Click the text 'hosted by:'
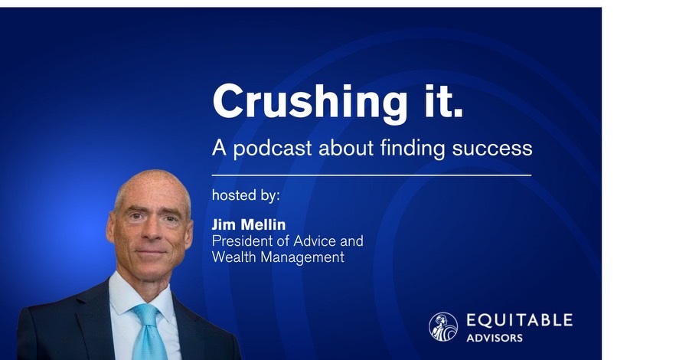[246, 195]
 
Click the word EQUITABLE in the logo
[518, 319]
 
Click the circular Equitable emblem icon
[443, 326]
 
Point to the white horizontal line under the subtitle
[371, 175]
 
